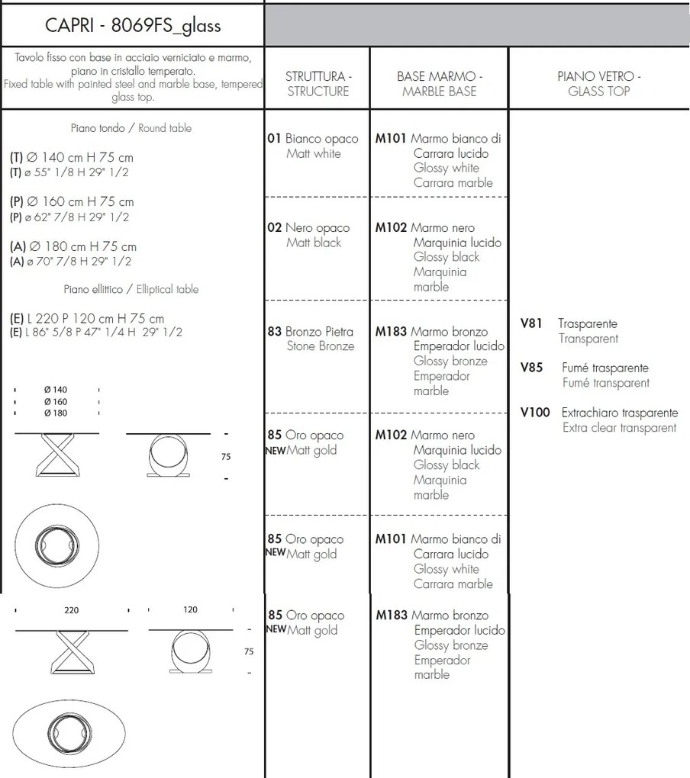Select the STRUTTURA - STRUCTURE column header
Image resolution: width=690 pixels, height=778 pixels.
[x=318, y=84]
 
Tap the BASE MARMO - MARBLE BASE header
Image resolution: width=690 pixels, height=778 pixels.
[x=439, y=84]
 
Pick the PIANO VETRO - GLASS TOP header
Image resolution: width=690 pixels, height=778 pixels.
[x=598, y=84]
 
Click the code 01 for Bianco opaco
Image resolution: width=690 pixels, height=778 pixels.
[x=275, y=139]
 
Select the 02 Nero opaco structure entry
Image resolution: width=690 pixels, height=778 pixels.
[x=309, y=228]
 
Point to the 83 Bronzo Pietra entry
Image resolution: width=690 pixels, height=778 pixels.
[x=311, y=332]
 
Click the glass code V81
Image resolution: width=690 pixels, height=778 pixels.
[x=531, y=323]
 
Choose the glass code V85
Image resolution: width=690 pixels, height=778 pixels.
[x=531, y=368]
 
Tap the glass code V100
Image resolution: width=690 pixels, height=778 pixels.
[x=534, y=413]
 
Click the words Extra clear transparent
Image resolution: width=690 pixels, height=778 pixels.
[x=619, y=428]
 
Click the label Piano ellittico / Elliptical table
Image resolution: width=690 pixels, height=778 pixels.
[x=131, y=289]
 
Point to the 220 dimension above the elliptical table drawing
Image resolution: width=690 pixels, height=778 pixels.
[x=71, y=610]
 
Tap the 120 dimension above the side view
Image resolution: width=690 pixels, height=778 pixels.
[x=191, y=610]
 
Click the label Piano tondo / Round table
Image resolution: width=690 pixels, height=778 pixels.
[x=131, y=128]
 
